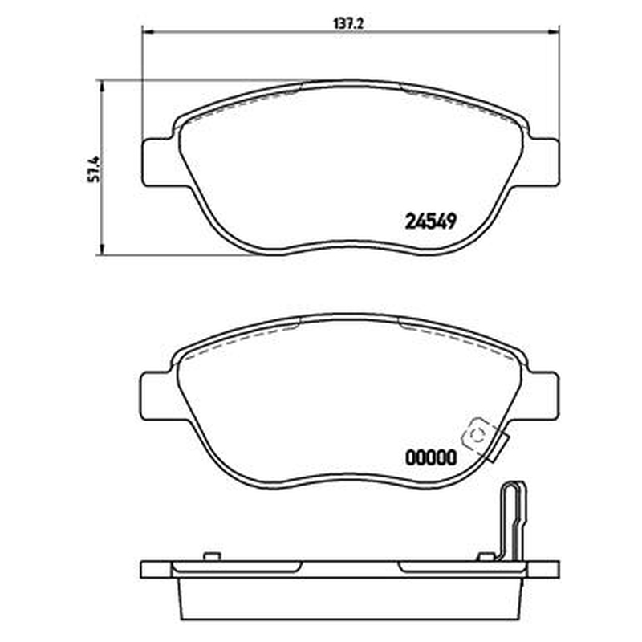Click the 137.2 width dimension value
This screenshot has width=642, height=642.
(x=349, y=24)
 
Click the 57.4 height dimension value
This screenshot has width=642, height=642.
(x=94, y=169)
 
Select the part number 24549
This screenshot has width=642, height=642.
(x=430, y=222)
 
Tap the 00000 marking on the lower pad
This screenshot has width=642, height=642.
(x=430, y=457)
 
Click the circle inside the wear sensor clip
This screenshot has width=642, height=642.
(x=477, y=437)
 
